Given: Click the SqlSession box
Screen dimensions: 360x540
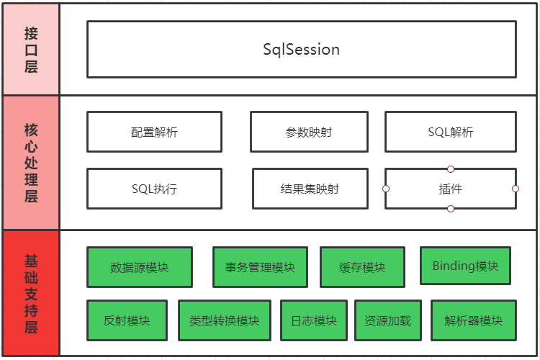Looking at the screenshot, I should (301, 49).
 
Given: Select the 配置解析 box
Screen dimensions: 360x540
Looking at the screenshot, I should (154, 132).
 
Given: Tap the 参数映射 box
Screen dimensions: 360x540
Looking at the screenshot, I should (309, 132).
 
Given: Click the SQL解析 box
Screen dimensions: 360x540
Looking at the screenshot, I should (450, 132).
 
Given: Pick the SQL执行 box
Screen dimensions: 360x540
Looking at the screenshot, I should (154, 189).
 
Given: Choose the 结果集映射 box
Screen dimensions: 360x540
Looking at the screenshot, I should (310, 189).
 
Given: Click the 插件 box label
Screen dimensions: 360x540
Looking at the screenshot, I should (450, 189).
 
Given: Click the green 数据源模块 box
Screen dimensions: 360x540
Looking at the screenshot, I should (139, 267).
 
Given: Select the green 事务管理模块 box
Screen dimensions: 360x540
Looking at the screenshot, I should (260, 267).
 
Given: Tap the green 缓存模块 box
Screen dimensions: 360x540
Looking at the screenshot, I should (362, 267).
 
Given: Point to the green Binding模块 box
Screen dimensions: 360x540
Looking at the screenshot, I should (465, 266).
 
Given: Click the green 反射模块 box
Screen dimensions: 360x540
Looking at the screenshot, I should (127, 320).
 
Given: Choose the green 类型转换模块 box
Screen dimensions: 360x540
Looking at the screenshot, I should (224, 320).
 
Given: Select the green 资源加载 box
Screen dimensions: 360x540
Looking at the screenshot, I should (387, 320).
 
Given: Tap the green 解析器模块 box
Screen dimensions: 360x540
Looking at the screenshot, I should (473, 320).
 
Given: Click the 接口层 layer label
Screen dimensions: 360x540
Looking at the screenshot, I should (30, 50).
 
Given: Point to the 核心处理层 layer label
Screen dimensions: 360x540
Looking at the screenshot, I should (30, 163).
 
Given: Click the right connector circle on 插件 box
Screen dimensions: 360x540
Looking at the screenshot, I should (516, 189).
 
